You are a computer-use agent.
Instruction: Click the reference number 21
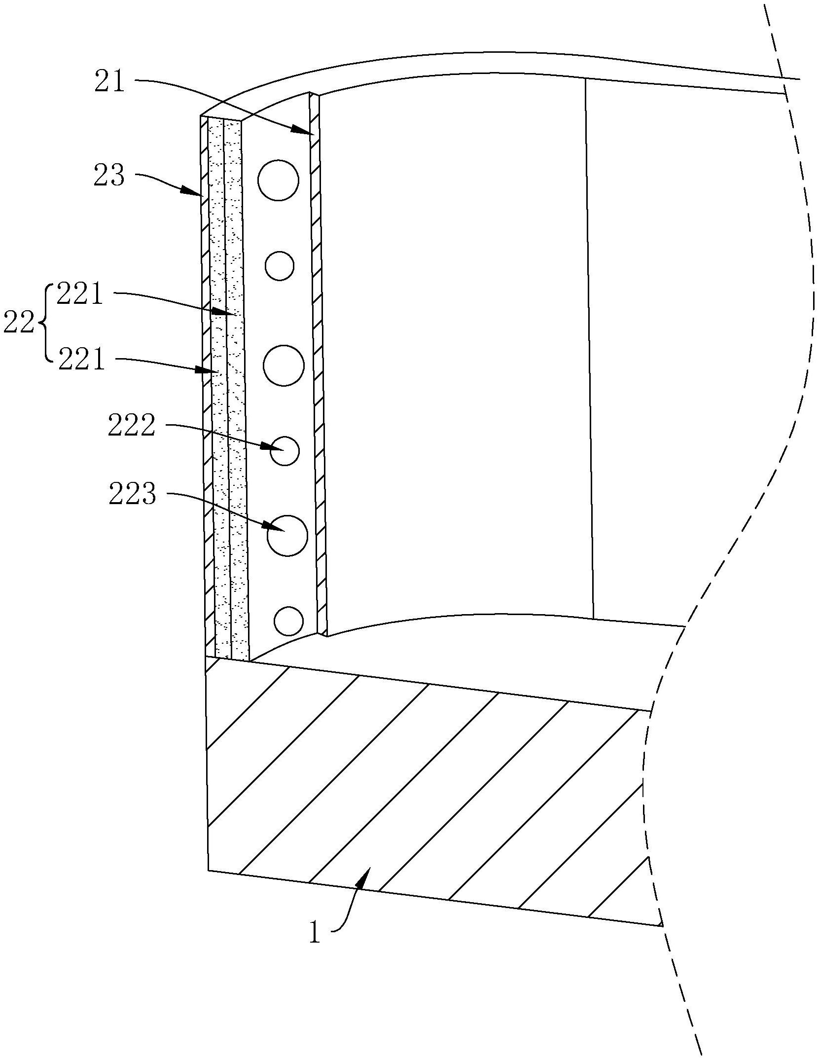(110, 81)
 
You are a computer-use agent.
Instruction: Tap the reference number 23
(109, 176)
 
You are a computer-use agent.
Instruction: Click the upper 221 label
(80, 295)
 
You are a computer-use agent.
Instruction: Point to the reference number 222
(132, 425)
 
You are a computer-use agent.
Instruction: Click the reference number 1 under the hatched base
(315, 932)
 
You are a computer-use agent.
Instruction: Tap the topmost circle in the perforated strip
(278, 180)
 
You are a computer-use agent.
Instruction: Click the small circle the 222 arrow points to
(285, 451)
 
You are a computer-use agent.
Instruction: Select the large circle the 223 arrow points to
(287, 536)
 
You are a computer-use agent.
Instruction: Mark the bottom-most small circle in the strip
(288, 621)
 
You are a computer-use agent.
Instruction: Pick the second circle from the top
(280, 266)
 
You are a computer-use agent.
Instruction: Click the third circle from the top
(284, 366)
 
